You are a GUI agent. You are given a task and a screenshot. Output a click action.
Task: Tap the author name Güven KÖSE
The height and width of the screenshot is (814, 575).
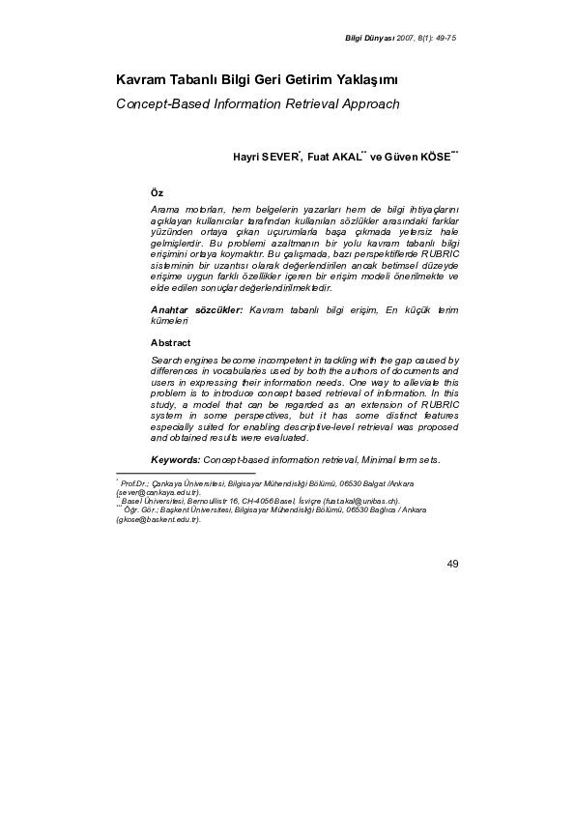click(x=417, y=156)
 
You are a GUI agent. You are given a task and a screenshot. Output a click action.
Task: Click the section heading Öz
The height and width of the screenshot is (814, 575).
click(x=157, y=193)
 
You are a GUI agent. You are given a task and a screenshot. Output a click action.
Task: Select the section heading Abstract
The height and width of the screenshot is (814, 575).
click(x=170, y=342)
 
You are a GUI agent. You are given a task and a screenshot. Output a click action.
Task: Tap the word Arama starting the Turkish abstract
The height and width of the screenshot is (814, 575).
click(x=167, y=209)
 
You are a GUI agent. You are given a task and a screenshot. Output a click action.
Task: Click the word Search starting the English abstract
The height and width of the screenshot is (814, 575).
click(x=167, y=359)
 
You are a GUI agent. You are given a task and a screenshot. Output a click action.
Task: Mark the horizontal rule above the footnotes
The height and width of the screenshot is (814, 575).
click(x=185, y=474)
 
